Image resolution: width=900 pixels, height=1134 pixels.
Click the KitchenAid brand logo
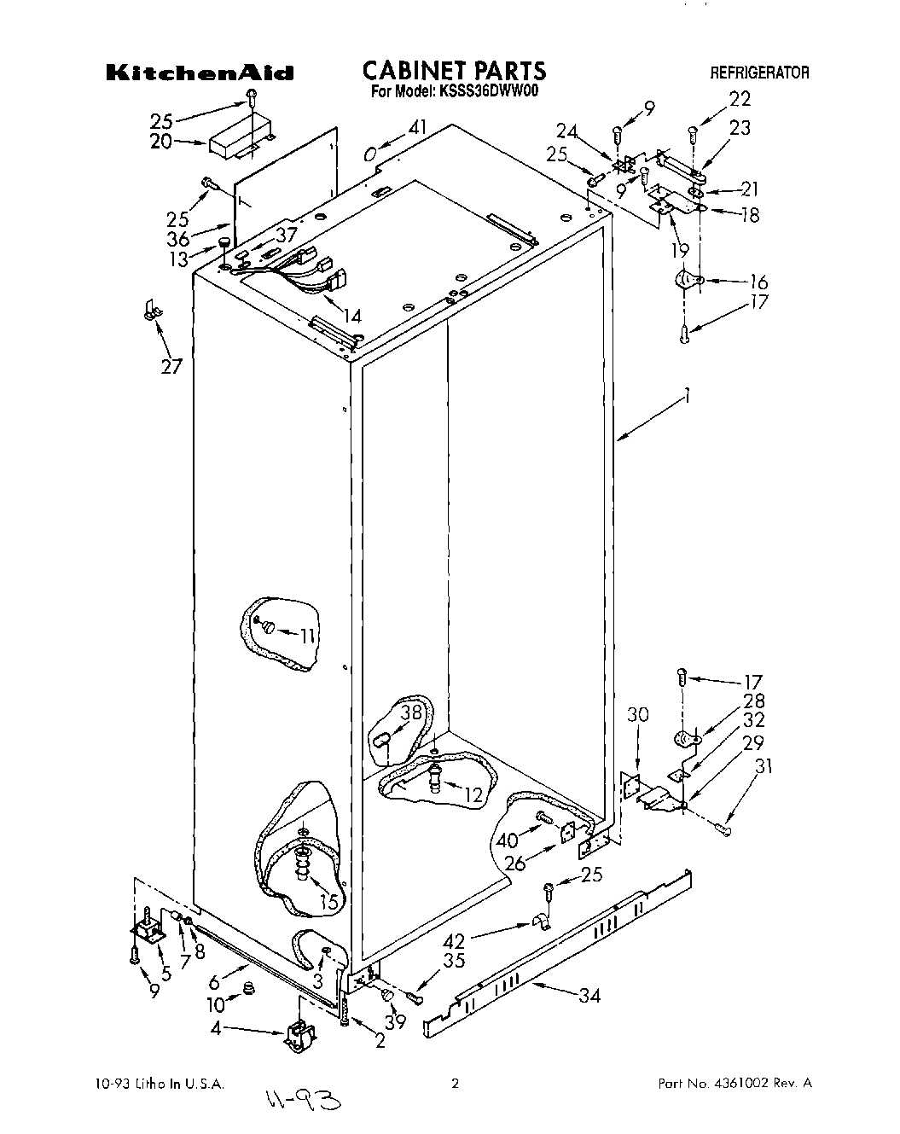pyautogui.click(x=200, y=73)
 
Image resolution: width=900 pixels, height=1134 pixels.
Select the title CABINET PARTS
pyautogui.click(x=454, y=70)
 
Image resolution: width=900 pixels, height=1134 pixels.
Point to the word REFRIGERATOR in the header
pyautogui.click(x=760, y=73)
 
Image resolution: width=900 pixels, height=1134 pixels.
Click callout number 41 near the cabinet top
pyautogui.click(x=416, y=127)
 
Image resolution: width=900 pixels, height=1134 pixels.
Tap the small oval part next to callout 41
pyautogui.click(x=369, y=154)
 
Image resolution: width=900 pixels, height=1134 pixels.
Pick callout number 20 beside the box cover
pyautogui.click(x=161, y=142)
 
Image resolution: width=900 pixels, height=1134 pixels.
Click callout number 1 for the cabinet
pyautogui.click(x=688, y=396)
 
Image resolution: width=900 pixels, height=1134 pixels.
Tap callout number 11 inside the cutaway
pyautogui.click(x=307, y=635)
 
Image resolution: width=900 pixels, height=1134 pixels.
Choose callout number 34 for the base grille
pyautogui.click(x=588, y=994)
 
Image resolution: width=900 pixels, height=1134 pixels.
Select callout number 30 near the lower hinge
pyautogui.click(x=637, y=714)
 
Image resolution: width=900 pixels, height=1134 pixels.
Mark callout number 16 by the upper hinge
pyautogui.click(x=758, y=282)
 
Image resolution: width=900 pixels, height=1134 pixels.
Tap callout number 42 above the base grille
pyautogui.click(x=455, y=941)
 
